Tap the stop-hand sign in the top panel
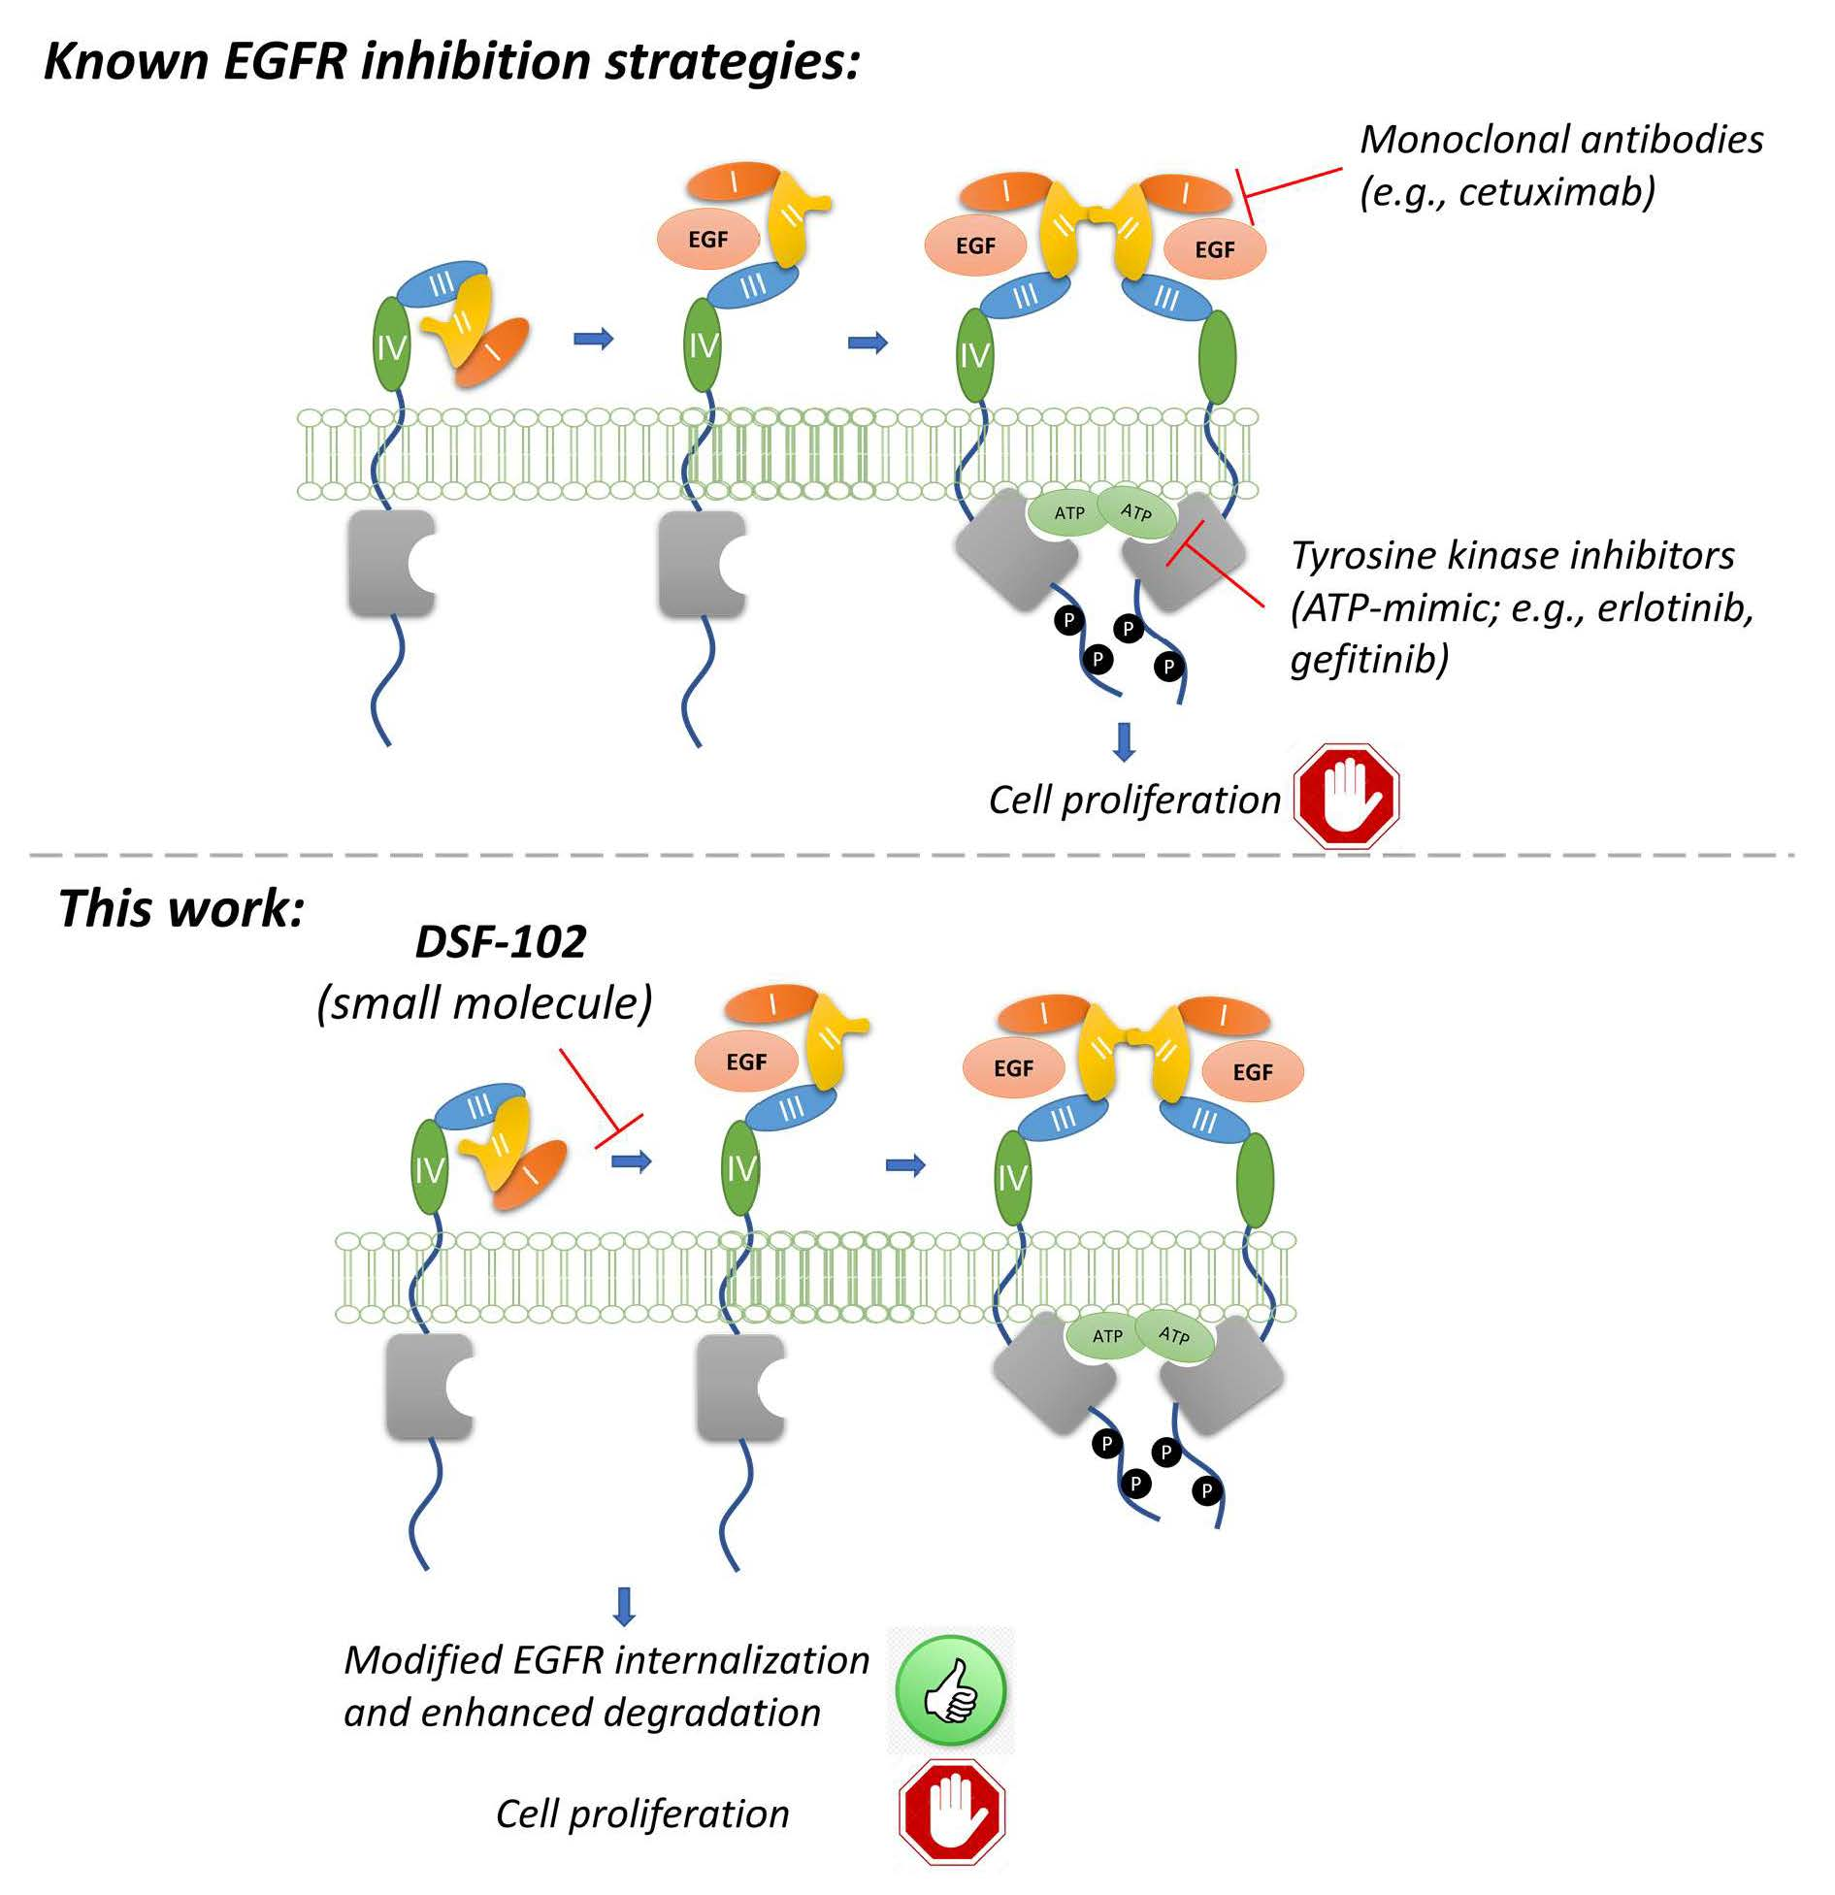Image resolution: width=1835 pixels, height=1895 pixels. pos(1346,796)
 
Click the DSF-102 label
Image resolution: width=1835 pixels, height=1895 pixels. pos(501,941)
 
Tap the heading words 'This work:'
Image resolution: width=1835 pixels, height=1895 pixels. pos(181,908)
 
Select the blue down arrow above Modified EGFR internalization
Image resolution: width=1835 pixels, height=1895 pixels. pos(625,1606)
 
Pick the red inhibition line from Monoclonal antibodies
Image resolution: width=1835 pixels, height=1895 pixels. pos(1291,184)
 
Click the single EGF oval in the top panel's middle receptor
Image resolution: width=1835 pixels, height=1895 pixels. pos(707,240)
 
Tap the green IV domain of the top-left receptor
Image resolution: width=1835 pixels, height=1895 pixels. pos(392,345)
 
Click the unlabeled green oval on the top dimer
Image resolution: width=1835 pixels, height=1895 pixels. pos(1218,356)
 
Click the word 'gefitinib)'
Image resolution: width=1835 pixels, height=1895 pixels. pos(1369,659)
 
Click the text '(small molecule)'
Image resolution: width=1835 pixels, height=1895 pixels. pos(484,1002)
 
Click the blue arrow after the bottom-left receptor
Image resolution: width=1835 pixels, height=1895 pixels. pos(631,1160)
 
